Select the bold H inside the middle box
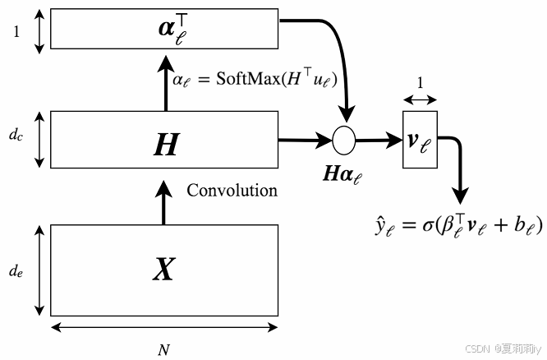point(165,144)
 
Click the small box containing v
point(420,140)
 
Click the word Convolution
point(232,191)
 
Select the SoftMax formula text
point(255,80)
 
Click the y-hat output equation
point(457,224)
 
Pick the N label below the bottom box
point(163,349)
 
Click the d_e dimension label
point(16,270)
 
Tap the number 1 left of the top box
point(16,31)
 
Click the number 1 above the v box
point(420,84)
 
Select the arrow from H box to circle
point(304,140)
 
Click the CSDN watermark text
point(503,349)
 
